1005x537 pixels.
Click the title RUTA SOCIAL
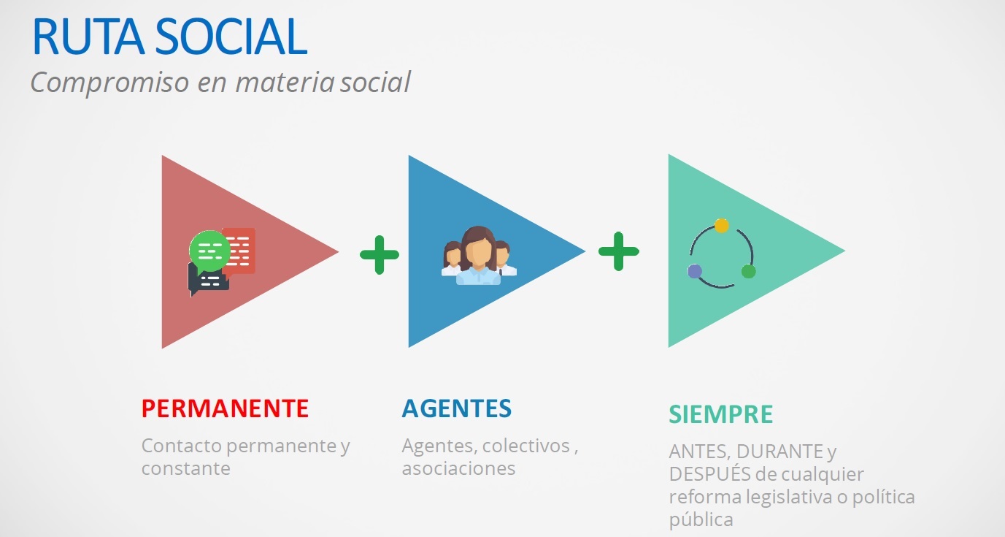pyautogui.click(x=169, y=37)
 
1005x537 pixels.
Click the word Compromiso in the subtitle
pyautogui.click(x=110, y=82)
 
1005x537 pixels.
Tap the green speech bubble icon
pyautogui.click(x=209, y=251)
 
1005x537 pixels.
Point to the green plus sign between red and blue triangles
pyautogui.click(x=380, y=254)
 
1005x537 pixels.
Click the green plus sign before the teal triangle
pyautogui.click(x=619, y=251)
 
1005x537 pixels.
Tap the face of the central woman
pyautogui.click(x=478, y=254)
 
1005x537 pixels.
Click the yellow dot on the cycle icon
pyautogui.click(x=721, y=226)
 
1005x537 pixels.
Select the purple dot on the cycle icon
pyautogui.click(x=695, y=271)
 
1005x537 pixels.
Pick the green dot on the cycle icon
pyautogui.click(x=748, y=271)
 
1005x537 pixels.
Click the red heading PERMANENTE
pyautogui.click(x=226, y=408)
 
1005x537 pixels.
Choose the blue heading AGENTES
pyautogui.click(x=457, y=408)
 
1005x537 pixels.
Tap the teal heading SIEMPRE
pyautogui.click(x=721, y=414)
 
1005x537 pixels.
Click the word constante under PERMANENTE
pyautogui.click(x=185, y=469)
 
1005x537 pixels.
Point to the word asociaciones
pyautogui.click(x=458, y=469)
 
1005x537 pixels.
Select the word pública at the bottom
pyautogui.click(x=701, y=520)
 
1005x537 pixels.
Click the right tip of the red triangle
pyautogui.click(x=338, y=252)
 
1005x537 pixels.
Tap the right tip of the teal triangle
pyautogui.click(x=845, y=251)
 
